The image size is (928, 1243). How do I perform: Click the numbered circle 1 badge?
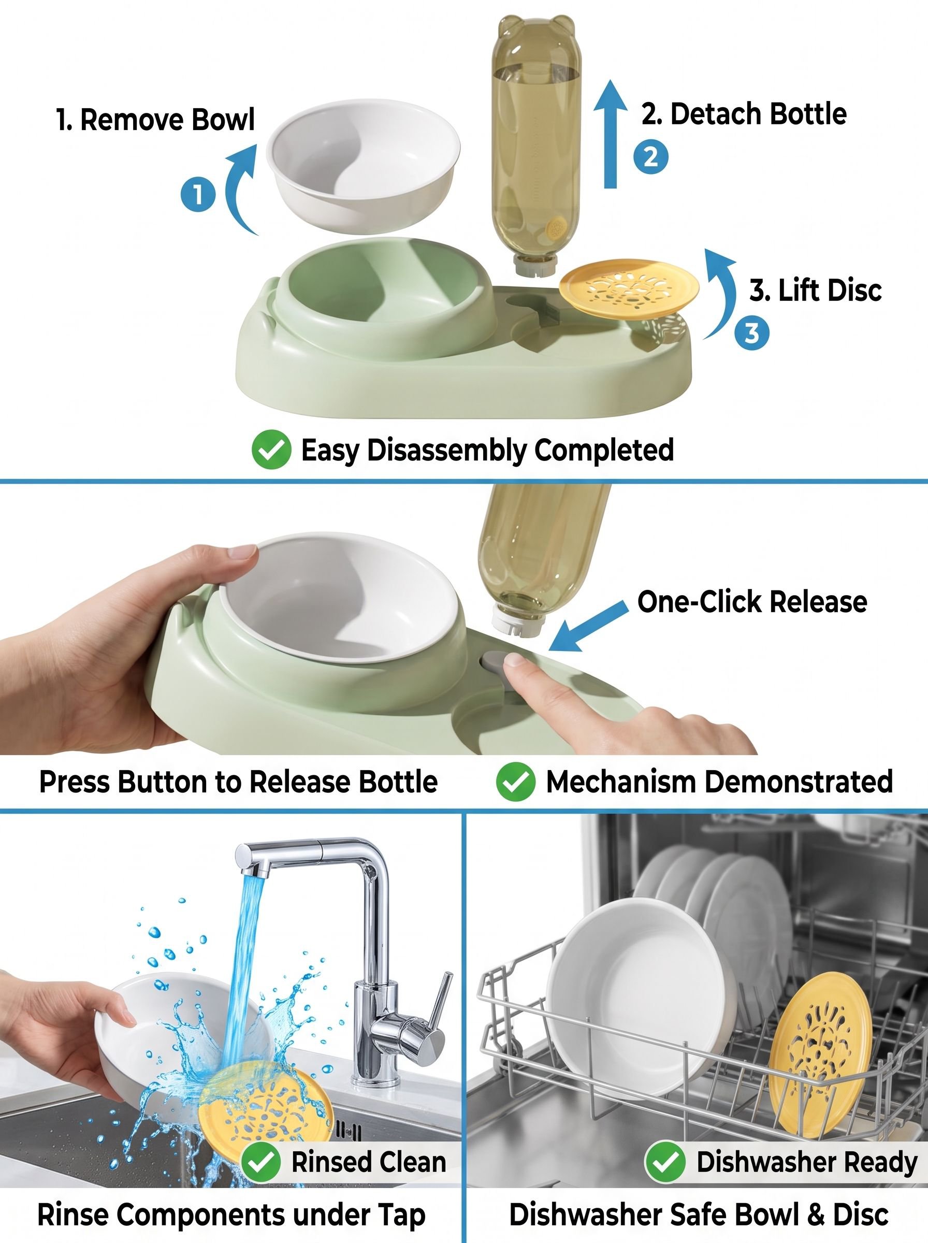[198, 195]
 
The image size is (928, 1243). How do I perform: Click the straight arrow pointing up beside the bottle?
[611, 134]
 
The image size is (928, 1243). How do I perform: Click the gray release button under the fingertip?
[495, 660]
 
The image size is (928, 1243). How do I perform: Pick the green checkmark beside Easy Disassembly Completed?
[271, 450]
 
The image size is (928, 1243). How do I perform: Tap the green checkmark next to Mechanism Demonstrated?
[515, 782]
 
